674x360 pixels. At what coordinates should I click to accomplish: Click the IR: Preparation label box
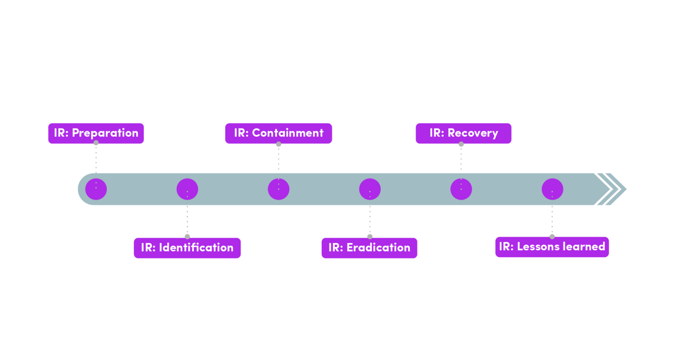[96, 133]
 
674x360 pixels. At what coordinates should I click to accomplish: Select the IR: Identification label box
[187, 248]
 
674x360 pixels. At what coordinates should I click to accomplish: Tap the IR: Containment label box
[279, 133]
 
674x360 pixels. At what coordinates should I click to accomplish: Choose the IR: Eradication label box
[369, 248]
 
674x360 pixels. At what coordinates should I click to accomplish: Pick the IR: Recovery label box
[463, 133]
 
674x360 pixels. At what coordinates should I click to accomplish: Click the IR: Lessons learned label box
[552, 247]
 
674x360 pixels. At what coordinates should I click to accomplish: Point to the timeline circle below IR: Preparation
[96, 189]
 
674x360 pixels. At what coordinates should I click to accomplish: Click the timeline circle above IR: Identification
[187, 189]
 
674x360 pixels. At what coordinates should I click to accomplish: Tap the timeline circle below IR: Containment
[279, 189]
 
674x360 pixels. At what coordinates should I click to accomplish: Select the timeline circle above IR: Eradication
[370, 189]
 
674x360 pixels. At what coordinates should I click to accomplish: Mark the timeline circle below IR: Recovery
[461, 189]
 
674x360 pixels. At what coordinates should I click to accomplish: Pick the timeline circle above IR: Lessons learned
[552, 189]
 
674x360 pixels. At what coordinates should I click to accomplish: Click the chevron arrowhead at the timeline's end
[612, 189]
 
